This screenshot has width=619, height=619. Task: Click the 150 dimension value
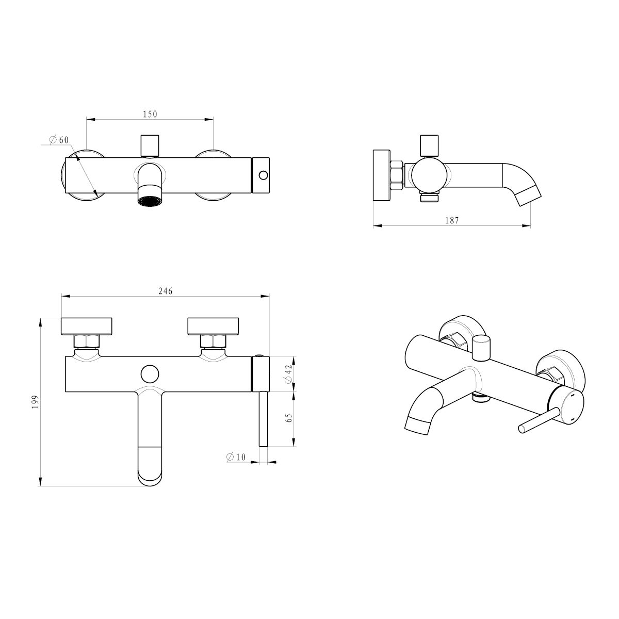(150, 114)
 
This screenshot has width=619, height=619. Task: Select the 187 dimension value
(451, 220)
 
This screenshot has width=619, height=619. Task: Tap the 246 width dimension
(165, 291)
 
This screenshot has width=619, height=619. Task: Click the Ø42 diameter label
(289, 374)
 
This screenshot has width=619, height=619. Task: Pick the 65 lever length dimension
(289, 418)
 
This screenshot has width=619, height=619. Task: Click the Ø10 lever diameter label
(236, 457)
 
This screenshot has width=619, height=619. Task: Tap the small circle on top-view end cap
(263, 175)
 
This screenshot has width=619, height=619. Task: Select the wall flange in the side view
(381, 175)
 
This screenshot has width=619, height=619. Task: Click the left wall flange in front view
(87, 326)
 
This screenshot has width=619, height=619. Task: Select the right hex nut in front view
(213, 341)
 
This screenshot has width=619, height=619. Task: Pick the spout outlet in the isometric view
(418, 424)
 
